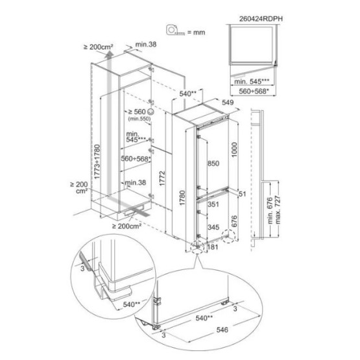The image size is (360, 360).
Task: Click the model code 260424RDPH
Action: point(261,19)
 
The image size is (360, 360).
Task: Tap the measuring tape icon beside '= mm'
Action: point(175,30)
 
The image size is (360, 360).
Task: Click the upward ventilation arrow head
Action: point(109,54)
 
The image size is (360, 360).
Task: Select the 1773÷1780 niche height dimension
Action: point(97,162)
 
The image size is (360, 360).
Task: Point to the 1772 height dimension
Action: point(162,178)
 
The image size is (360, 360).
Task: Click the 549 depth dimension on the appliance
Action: point(228,102)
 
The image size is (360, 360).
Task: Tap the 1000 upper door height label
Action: point(234,150)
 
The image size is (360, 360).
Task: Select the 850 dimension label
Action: point(213,163)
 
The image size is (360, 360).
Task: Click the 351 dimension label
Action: point(213,204)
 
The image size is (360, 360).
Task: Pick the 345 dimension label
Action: point(213,227)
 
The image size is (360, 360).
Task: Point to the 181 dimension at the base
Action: point(213,247)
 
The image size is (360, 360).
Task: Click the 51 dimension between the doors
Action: point(242,194)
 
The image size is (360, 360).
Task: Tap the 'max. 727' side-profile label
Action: point(278,210)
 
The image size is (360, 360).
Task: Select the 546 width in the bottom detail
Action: point(222,330)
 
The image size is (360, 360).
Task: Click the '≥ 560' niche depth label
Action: point(137,112)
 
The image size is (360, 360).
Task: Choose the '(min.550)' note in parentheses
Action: point(139,119)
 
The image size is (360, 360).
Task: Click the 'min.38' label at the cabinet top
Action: point(146,44)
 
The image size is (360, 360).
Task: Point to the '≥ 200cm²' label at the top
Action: point(98,47)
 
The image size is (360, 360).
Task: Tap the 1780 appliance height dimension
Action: point(182,198)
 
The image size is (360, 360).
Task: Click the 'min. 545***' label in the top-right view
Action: point(252,82)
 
